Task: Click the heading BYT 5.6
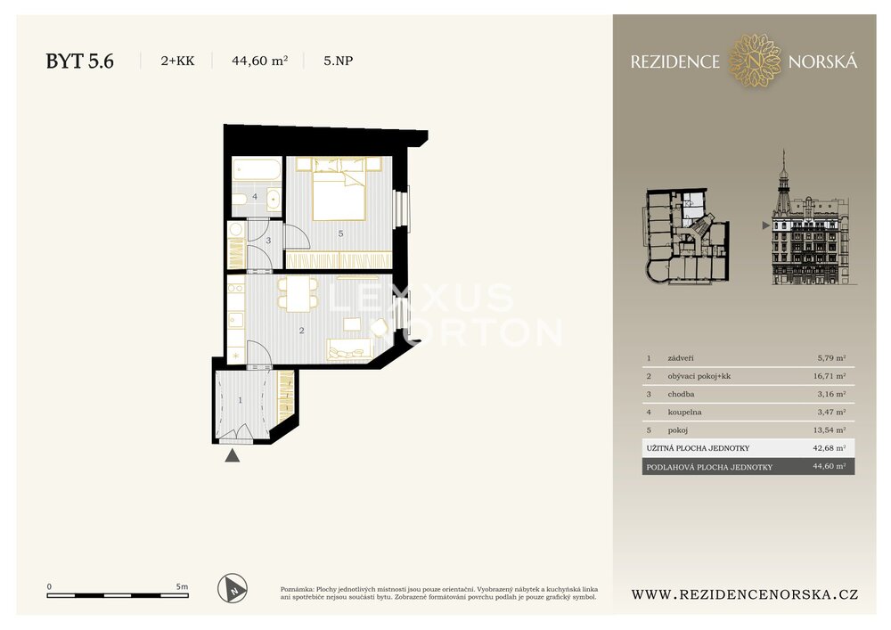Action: point(79,61)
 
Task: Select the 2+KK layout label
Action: point(177,61)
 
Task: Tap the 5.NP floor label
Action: point(338,61)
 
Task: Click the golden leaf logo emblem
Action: point(754,61)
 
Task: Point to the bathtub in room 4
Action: point(257,168)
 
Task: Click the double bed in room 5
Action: point(339,189)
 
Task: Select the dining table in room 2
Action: point(298,294)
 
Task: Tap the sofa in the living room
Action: point(349,348)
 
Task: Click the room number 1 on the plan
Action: point(240,400)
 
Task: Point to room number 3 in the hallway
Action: point(268,241)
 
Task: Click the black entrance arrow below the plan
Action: point(232,455)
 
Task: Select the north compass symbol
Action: point(233,588)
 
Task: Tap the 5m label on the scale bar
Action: point(182,586)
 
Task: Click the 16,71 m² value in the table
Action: point(829,376)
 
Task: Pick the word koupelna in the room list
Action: point(684,412)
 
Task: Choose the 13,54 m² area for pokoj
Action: point(829,430)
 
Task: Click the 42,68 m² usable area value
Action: point(829,447)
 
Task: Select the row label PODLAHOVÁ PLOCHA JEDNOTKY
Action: point(709,467)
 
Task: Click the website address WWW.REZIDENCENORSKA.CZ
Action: point(744,594)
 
